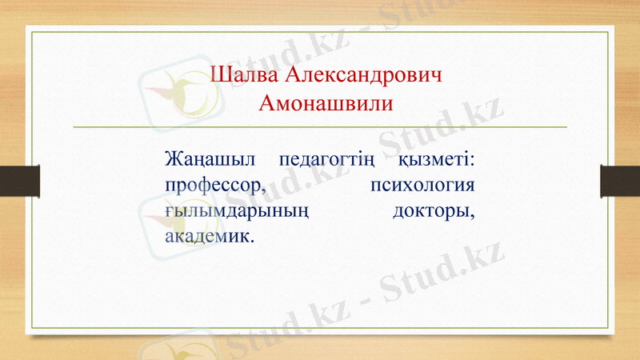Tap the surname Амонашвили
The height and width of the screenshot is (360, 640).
coord(326,103)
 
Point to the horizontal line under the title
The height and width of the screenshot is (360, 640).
coord(320,127)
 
